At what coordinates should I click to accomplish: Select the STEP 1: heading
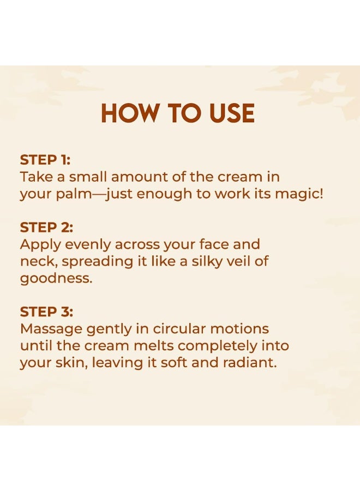click(45, 160)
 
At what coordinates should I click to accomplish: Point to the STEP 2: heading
click(46, 227)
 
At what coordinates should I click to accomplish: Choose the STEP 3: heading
click(46, 312)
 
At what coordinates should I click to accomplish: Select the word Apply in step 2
click(38, 245)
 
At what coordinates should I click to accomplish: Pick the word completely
click(223, 346)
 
